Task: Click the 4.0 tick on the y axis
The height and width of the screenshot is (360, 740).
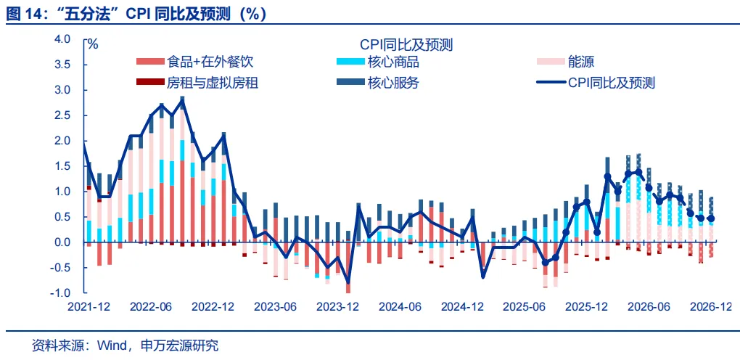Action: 63,39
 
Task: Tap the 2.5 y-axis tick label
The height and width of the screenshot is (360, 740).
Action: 63,115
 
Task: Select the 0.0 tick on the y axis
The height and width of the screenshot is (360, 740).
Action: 63,242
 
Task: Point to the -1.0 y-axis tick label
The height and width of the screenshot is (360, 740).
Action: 62,293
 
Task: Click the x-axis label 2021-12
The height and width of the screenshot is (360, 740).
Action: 89,306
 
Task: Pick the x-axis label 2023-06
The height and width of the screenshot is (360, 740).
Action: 275,306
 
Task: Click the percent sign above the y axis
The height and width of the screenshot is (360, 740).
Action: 93,44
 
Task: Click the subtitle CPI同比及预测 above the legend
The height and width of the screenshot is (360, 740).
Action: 406,44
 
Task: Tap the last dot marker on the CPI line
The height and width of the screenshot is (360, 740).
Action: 710,218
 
